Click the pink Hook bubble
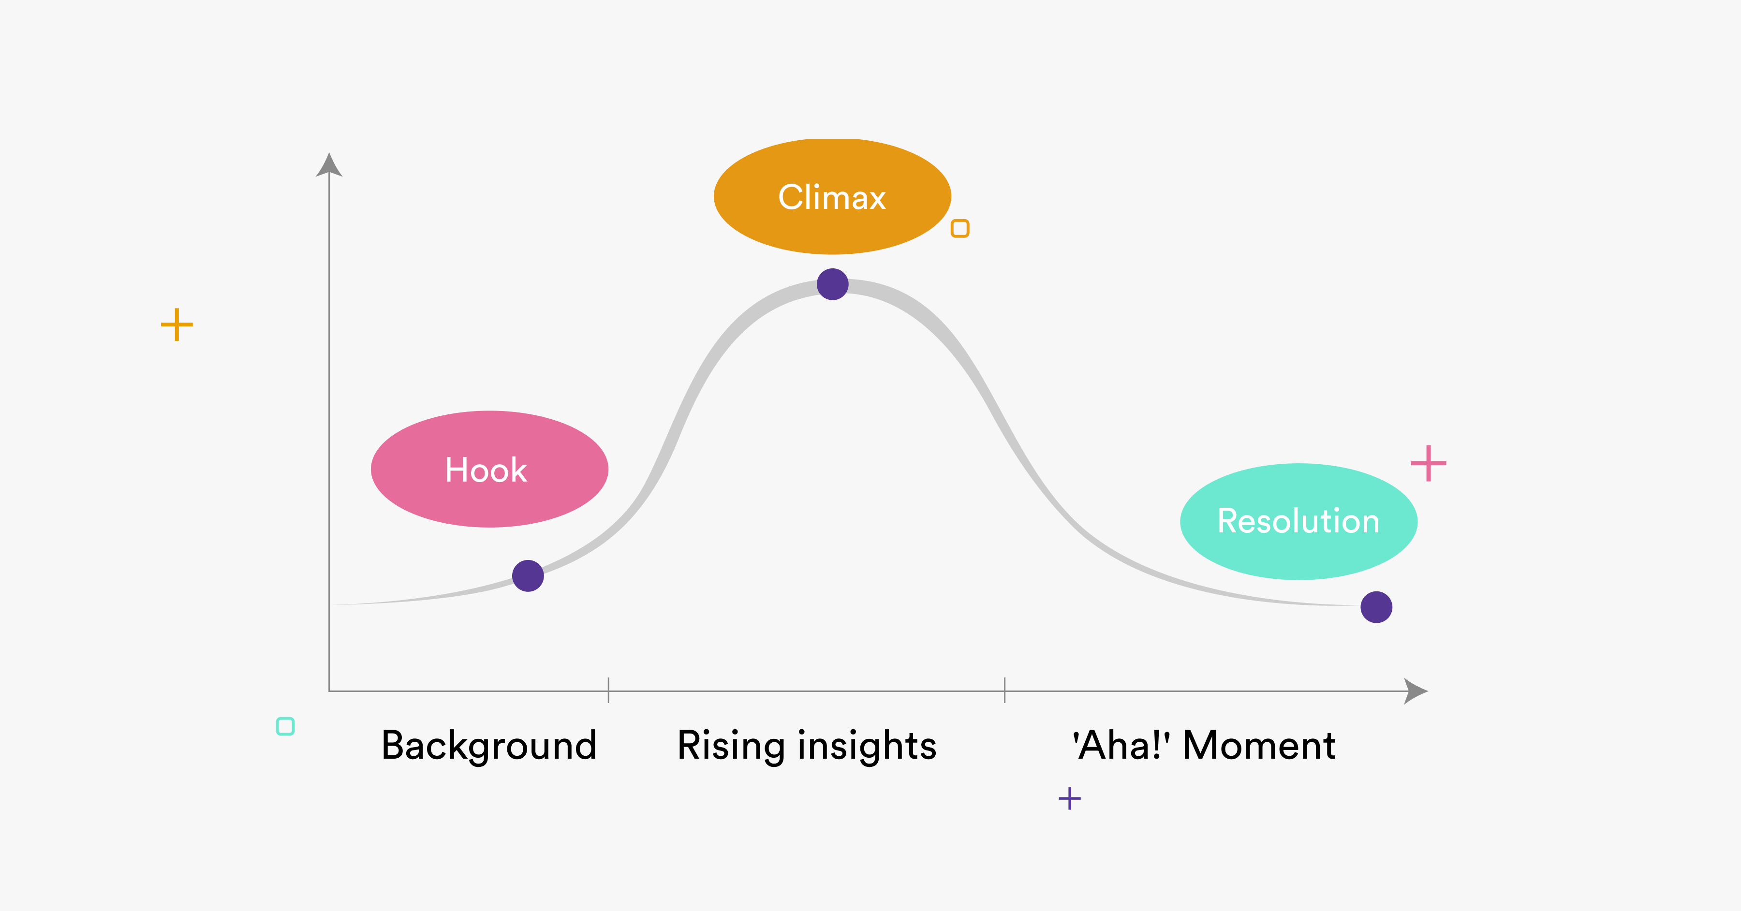489,469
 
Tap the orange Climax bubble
832,197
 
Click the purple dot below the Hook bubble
528,576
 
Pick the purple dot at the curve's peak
832,284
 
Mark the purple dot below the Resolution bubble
1376,607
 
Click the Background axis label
488,746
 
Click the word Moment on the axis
1259,746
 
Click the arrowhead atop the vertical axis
329,165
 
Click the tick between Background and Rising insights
608,690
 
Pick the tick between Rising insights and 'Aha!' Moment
1004,690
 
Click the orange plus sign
177,324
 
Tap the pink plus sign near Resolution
1428,464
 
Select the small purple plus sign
1069,798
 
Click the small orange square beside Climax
959,228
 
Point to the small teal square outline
285,726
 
